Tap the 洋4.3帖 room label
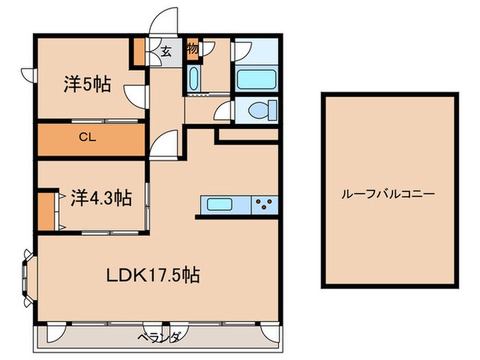[101, 197]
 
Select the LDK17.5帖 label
[153, 276]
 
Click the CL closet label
[87, 136]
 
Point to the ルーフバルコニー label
[388, 194]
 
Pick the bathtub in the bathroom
[257, 78]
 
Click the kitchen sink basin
[220, 204]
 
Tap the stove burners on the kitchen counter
[264, 204]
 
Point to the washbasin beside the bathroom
[193, 79]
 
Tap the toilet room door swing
[222, 112]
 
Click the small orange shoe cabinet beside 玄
[139, 52]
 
